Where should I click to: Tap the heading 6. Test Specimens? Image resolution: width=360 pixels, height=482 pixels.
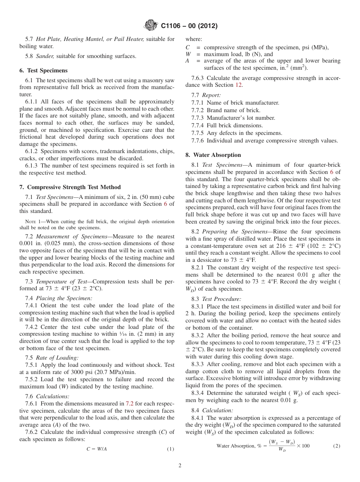[43, 70]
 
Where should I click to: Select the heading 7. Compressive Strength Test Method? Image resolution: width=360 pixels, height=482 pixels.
[70, 187]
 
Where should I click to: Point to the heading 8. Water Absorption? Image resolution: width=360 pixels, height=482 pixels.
[213, 155]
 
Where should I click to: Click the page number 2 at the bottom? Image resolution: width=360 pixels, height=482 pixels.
[180, 466]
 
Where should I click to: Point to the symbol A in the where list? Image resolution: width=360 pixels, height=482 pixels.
[187, 61]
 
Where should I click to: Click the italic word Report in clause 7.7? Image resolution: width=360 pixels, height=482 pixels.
[211, 95]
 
